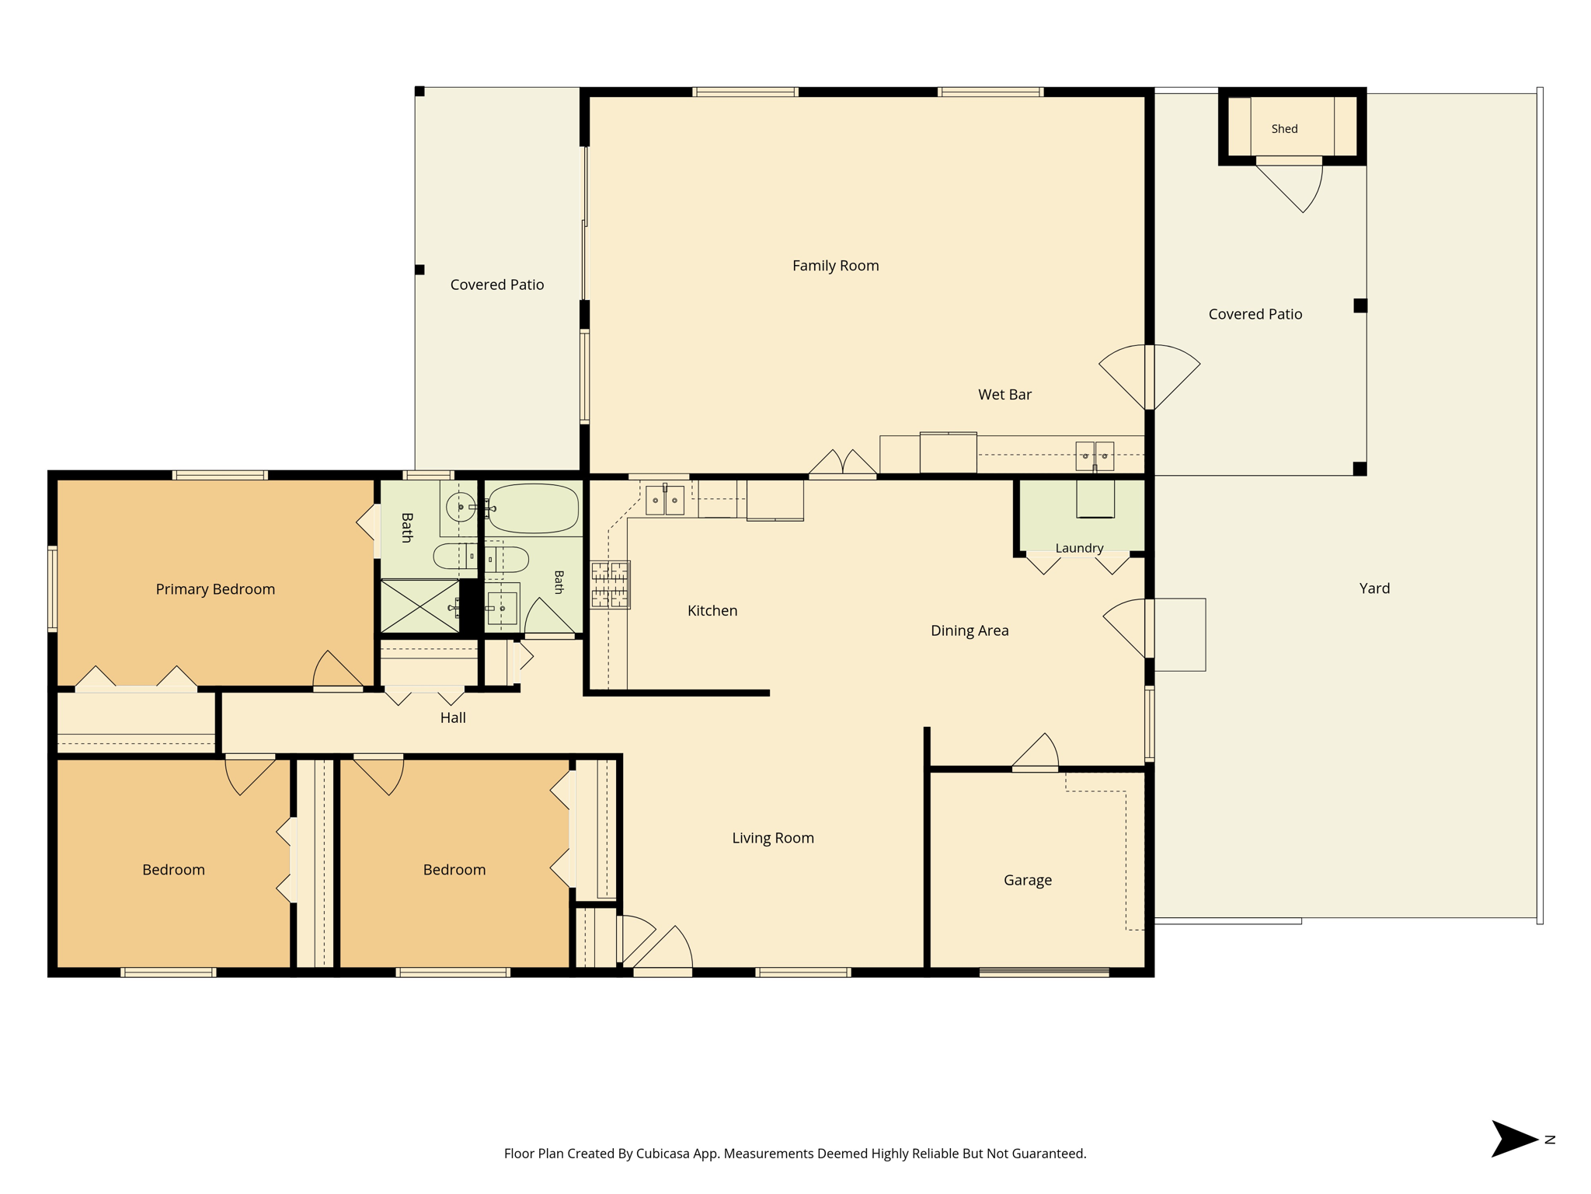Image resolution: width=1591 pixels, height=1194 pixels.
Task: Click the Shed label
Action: pos(1284,129)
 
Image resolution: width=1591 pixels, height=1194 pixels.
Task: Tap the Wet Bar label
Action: pos(1004,395)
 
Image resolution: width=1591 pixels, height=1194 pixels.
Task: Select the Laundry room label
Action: pos(1079,548)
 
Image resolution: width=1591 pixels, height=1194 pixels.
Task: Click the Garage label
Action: pos(1028,880)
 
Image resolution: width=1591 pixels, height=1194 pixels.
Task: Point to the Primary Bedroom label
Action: pos(215,589)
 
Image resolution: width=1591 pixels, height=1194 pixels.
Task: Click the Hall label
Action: pos(453,717)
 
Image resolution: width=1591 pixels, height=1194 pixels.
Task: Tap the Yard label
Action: pos(1374,588)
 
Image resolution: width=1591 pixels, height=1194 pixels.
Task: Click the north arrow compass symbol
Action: pos(1515,1139)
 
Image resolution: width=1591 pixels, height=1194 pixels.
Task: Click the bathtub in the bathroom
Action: pos(534,508)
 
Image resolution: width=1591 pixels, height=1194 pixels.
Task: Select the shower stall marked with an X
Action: pos(420,606)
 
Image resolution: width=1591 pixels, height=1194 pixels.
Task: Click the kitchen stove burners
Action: pos(610,585)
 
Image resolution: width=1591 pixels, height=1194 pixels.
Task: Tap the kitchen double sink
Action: pos(665,500)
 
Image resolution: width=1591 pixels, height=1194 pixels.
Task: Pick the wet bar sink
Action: pos(1095,456)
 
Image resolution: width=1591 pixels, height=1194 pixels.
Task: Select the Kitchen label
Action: pos(712,611)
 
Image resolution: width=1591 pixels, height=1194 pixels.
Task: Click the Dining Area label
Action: pos(970,630)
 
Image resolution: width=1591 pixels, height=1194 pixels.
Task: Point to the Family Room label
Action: pos(836,266)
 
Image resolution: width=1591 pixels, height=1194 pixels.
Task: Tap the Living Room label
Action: pos(773,838)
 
